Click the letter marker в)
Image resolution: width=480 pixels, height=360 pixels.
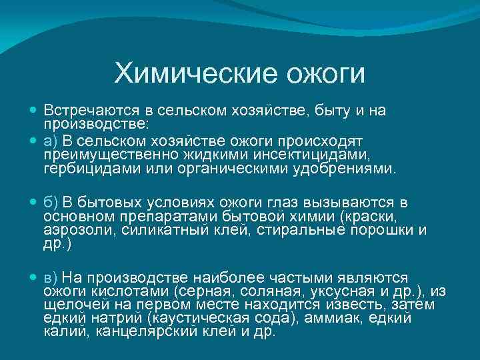[x=52, y=277]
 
